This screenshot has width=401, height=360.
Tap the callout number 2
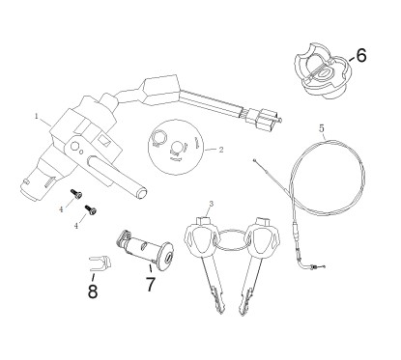(222, 151)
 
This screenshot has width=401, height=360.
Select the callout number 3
(211, 203)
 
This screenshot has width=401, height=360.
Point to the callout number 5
(321, 127)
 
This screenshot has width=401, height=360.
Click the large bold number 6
(361, 55)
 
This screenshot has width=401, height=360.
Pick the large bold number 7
(150, 285)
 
